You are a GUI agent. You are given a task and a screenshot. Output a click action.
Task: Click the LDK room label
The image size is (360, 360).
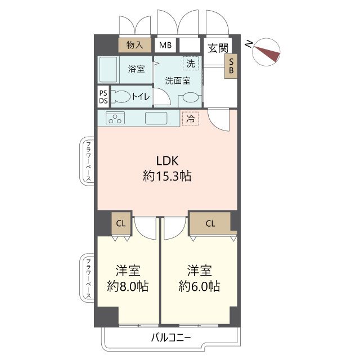[x=167, y=161]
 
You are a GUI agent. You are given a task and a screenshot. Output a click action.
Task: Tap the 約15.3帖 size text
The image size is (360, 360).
[x=167, y=176]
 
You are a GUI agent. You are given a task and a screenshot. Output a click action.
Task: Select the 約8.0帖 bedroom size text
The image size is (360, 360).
[x=128, y=286]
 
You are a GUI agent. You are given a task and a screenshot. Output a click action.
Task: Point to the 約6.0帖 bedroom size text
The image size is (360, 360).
[x=199, y=286]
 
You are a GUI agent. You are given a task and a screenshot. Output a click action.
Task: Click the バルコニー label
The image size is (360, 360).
[x=171, y=337]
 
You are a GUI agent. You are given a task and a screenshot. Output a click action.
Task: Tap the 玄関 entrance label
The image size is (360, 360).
[x=218, y=48]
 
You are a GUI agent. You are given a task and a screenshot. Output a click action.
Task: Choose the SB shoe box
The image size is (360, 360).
[x=231, y=66]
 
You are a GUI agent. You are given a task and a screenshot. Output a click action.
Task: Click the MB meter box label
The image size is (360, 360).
[x=165, y=45]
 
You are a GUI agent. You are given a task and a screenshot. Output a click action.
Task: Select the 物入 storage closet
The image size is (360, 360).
[x=135, y=45]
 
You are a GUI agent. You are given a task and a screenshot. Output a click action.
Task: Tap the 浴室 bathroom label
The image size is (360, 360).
[x=136, y=69]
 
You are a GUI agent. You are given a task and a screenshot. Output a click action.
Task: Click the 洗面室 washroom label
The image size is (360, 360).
[x=178, y=80]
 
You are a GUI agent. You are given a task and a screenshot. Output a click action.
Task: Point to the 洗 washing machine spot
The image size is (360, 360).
[x=191, y=64]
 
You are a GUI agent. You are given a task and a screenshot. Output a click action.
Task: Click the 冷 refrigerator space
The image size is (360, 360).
[x=190, y=119]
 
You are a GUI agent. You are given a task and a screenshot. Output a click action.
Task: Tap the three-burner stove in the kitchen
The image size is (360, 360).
[x=115, y=118]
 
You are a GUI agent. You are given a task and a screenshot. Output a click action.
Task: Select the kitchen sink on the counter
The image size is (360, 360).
[x=156, y=118]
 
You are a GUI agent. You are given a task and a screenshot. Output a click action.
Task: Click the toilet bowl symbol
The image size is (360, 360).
[x=120, y=96]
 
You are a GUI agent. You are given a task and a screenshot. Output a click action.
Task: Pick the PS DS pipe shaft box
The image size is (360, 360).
[x=103, y=97]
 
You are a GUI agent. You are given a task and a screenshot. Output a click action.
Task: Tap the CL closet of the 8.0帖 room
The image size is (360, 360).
[x=121, y=223]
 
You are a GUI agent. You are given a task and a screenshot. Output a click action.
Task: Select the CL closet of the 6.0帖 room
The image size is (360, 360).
[x=210, y=223]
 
